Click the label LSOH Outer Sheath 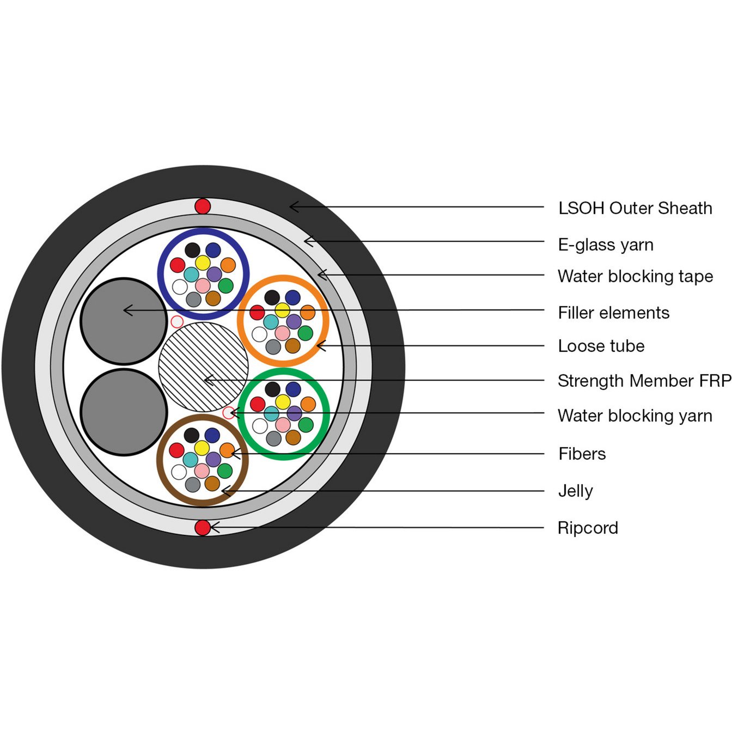click(635, 208)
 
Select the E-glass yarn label click(606, 245)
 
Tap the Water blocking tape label click(635, 276)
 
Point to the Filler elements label click(614, 313)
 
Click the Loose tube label click(601, 346)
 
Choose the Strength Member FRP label click(644, 381)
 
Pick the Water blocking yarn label click(635, 416)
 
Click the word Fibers click(582, 454)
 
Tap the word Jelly click(575, 491)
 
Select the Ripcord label click(588, 528)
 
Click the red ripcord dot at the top click(203, 206)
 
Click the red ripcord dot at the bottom click(203, 527)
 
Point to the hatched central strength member click(203, 367)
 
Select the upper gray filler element click(124, 321)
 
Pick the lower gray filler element click(124, 412)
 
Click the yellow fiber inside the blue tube click(203, 263)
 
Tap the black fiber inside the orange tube click(272, 297)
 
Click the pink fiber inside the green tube click(283, 425)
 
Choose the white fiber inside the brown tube click(179, 472)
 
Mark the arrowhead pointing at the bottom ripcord click(213, 527)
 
